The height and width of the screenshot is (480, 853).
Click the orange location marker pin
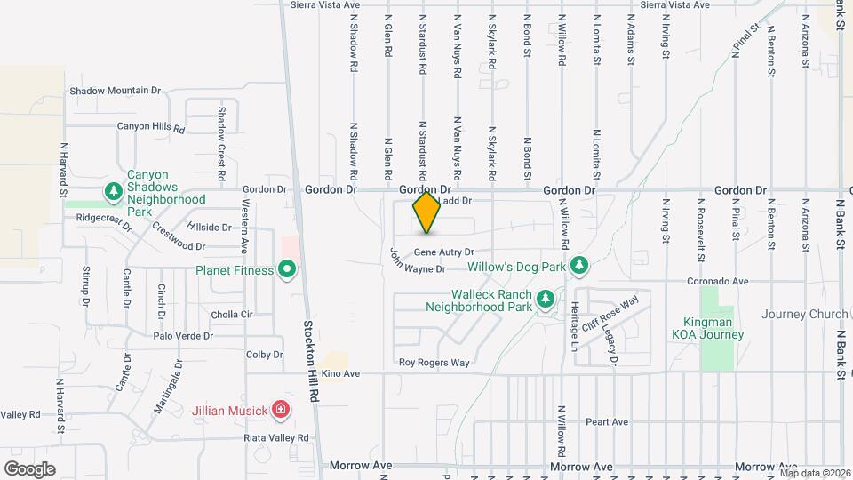tap(427, 212)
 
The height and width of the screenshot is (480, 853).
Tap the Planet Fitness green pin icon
tap(286, 268)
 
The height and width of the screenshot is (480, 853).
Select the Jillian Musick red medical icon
tap(281, 410)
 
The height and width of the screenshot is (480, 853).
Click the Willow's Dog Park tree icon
tap(579, 265)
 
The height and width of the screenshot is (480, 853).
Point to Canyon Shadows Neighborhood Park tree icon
tap(113, 191)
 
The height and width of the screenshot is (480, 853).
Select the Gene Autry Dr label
tap(443, 252)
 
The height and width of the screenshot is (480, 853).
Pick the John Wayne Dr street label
tap(417, 263)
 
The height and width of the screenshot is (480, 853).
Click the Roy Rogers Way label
tap(434, 363)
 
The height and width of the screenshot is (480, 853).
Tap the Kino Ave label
tap(340, 374)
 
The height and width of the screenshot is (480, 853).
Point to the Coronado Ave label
tap(717, 282)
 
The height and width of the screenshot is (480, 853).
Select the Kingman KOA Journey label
tap(713, 328)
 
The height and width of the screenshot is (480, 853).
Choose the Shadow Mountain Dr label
tap(115, 91)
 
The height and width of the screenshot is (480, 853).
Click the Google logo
tap(29, 468)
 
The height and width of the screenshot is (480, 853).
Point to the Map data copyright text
tap(816, 473)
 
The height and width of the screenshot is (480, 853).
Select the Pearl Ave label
tap(608, 421)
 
